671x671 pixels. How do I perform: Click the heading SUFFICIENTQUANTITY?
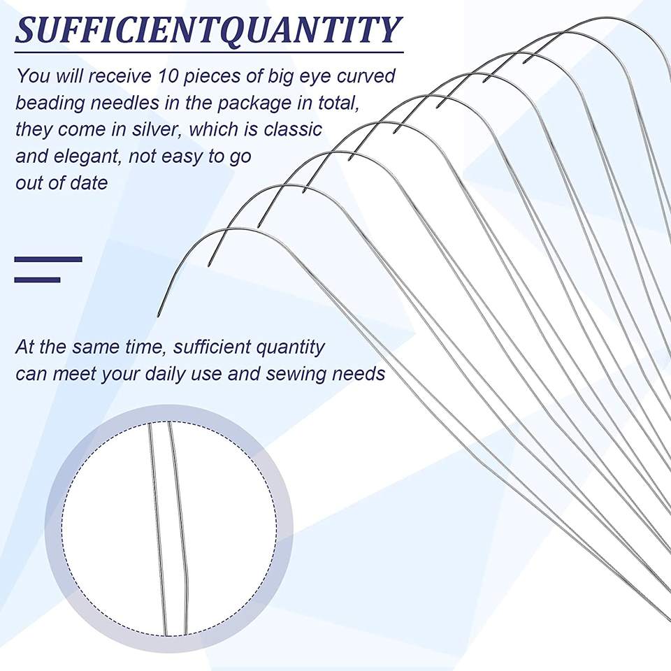(x=208, y=30)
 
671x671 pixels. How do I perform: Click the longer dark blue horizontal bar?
(x=48, y=259)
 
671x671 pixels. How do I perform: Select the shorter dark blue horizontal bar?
(x=37, y=280)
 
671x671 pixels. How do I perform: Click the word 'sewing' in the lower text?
(x=296, y=373)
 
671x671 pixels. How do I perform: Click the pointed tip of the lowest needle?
(x=159, y=317)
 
